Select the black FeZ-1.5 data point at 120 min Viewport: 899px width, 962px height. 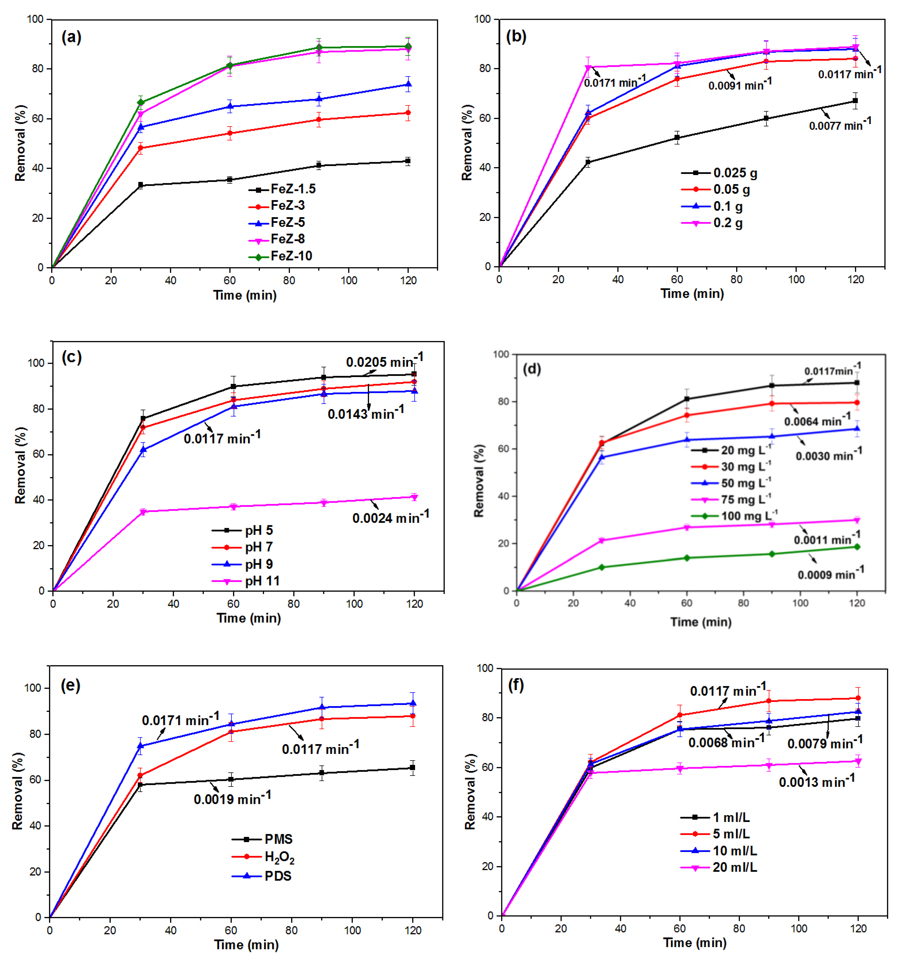(408, 161)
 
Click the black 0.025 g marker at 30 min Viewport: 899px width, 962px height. (588, 163)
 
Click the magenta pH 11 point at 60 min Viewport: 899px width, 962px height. (234, 507)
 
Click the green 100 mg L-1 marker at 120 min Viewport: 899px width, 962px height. (857, 547)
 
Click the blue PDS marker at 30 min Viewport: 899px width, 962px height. (140, 746)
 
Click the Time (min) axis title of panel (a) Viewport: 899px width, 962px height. (245, 295)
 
